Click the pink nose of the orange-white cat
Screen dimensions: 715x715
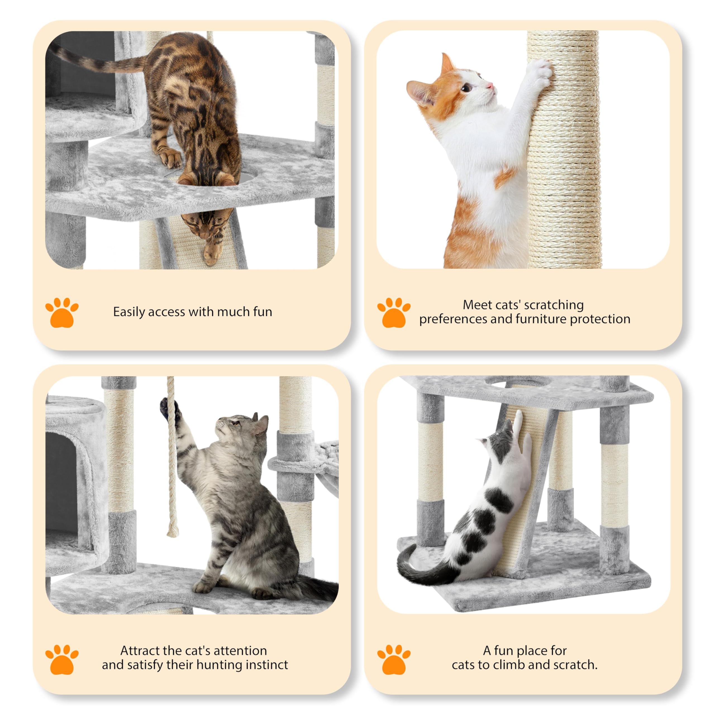point(490,86)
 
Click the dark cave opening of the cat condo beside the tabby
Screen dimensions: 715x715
point(61,481)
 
